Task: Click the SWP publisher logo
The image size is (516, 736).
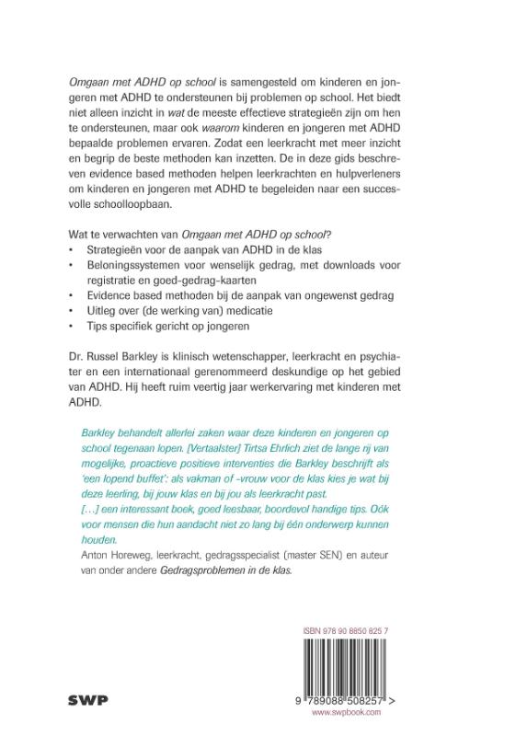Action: (88, 699)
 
